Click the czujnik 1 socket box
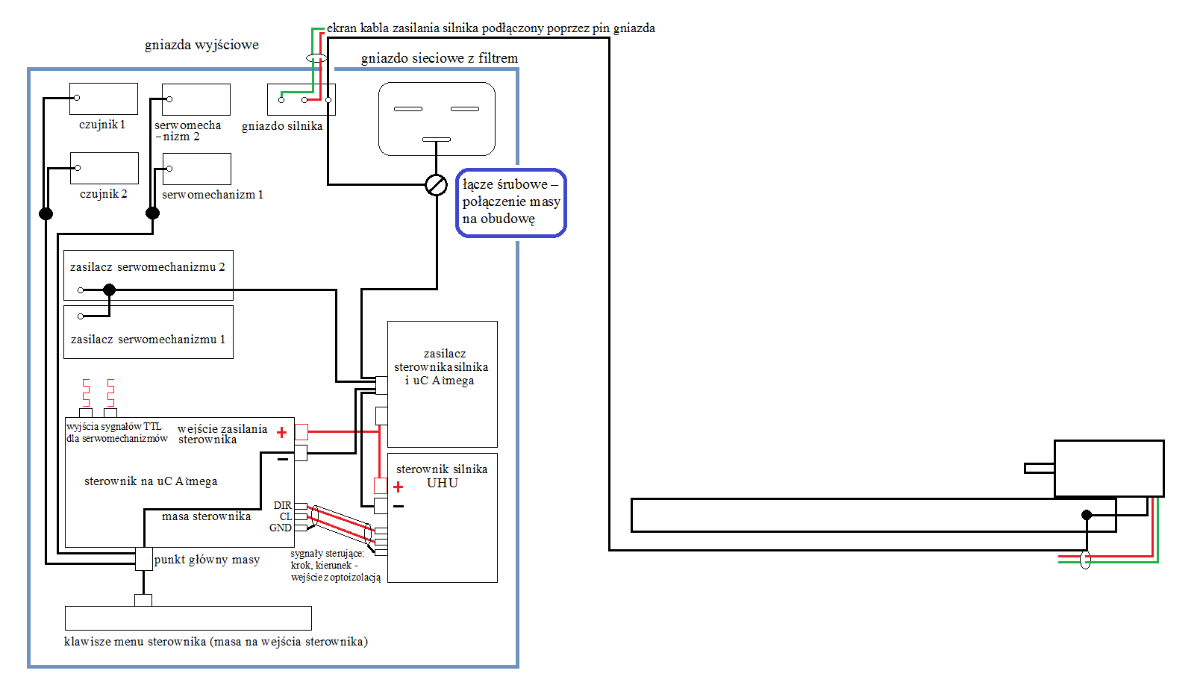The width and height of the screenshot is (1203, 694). [104, 99]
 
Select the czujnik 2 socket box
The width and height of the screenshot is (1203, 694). [104, 168]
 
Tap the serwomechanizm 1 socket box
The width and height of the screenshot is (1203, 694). [196, 169]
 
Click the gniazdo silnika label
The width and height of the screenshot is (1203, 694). [282, 126]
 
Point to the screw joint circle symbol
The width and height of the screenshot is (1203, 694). [436, 185]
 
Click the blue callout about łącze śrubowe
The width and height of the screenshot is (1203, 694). [510, 202]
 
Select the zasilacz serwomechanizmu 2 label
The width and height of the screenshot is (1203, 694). [148, 267]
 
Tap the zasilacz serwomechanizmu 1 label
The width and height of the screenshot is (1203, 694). [148, 340]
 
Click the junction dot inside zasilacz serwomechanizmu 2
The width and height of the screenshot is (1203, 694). [109, 290]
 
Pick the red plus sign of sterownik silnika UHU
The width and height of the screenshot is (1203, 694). [398, 487]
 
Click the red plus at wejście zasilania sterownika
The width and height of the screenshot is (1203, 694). [281, 432]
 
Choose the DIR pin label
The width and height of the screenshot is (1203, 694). [283, 505]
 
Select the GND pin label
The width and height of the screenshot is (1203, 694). [281, 528]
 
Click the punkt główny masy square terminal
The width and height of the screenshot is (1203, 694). [143, 559]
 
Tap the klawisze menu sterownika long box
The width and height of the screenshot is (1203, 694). [188, 619]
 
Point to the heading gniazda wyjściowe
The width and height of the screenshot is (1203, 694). [201, 45]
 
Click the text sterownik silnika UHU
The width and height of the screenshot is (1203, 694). [442, 476]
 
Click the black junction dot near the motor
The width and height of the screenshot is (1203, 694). [1087, 515]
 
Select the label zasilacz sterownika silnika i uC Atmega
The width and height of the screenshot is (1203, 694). [441, 367]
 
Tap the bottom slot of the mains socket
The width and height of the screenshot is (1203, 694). [436, 140]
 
